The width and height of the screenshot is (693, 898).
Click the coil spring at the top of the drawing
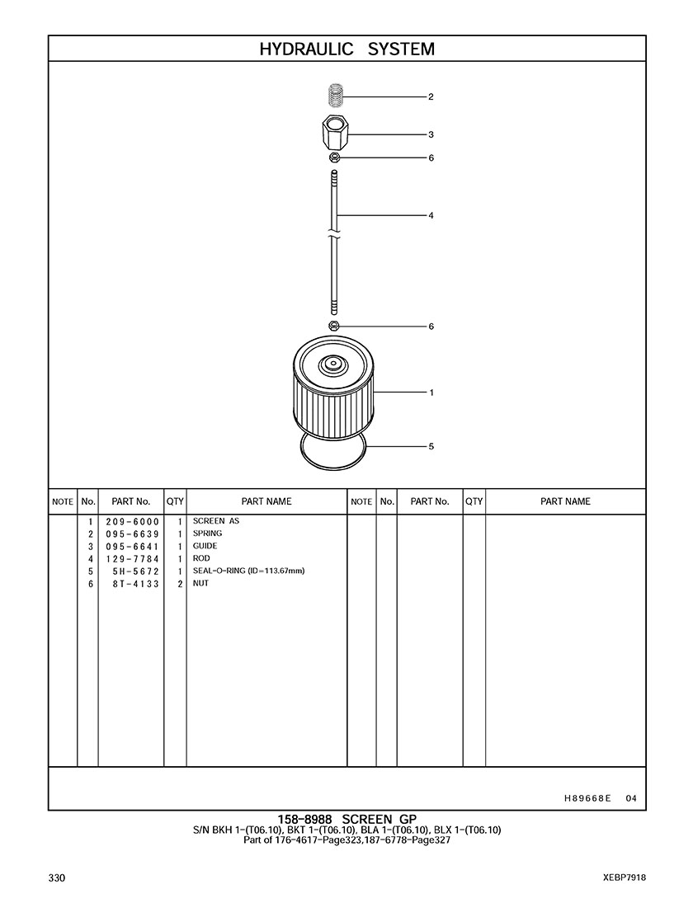[x=336, y=95]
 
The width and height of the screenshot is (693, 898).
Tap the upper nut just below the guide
[x=335, y=158]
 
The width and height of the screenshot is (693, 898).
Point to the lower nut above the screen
[x=334, y=326]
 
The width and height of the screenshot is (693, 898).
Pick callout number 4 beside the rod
[x=431, y=215]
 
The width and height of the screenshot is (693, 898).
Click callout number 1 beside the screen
[x=431, y=393]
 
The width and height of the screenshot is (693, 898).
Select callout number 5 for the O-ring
[x=431, y=446]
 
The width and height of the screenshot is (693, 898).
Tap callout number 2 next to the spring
[x=431, y=96]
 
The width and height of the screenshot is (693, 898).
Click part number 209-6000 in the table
[x=132, y=522]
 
